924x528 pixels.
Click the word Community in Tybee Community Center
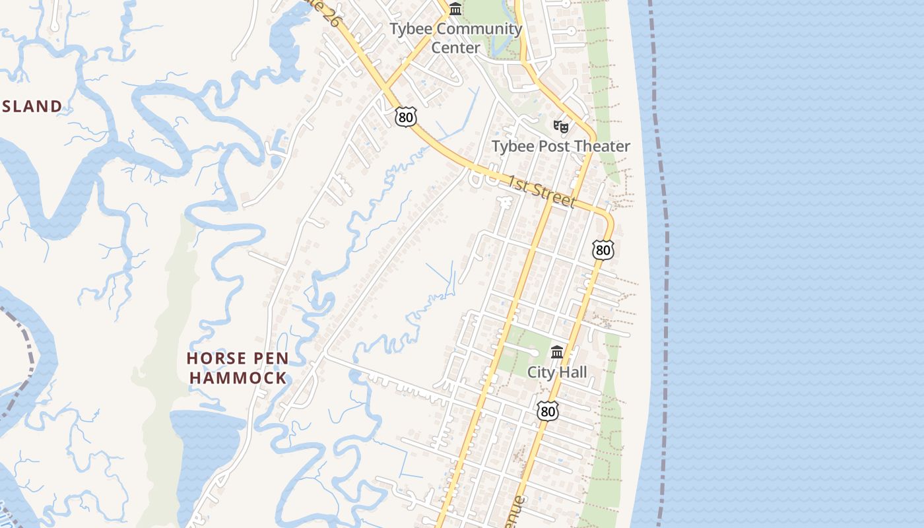click(479, 30)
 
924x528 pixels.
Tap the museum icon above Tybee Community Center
click(455, 9)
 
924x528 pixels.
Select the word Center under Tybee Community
click(455, 48)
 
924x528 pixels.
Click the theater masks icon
click(561, 125)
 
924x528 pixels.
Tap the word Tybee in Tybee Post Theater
click(512, 147)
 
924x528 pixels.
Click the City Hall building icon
click(557, 352)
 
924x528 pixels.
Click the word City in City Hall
click(539, 372)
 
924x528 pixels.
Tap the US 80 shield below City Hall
click(547, 411)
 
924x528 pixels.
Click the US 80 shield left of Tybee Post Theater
click(406, 117)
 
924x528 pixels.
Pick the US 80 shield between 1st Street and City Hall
click(603, 249)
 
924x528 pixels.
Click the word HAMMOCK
click(236, 378)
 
